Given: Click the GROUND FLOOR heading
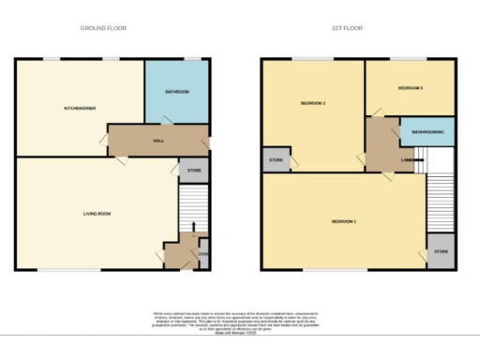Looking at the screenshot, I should (x=103, y=28).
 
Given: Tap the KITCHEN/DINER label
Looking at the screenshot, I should (x=81, y=109).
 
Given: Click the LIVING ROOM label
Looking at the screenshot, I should (x=97, y=215).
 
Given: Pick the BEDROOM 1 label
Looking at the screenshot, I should (x=344, y=221).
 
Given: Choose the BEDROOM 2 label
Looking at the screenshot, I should (x=312, y=102).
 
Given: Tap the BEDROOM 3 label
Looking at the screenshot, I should (x=410, y=88).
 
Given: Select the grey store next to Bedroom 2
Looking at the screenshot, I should (x=276, y=160).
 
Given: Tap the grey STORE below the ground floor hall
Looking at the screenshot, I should (x=193, y=171).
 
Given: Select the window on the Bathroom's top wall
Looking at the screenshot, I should (x=192, y=59).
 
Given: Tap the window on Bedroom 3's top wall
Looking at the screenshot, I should (x=410, y=59).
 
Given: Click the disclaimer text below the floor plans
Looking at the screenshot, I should (x=240, y=320).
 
